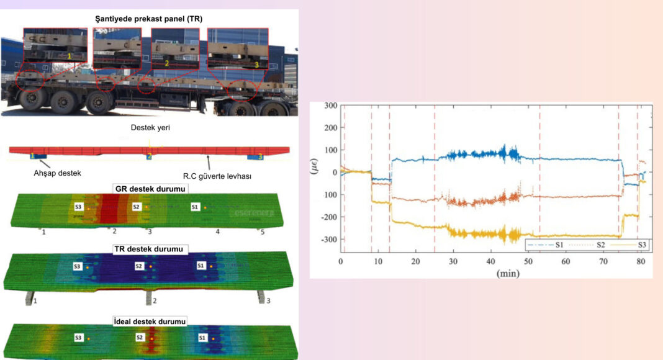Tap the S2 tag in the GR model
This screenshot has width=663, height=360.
tap(138, 207)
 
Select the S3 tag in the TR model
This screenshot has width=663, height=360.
tap(78, 266)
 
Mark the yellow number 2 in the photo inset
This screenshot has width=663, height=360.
tap(167, 63)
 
